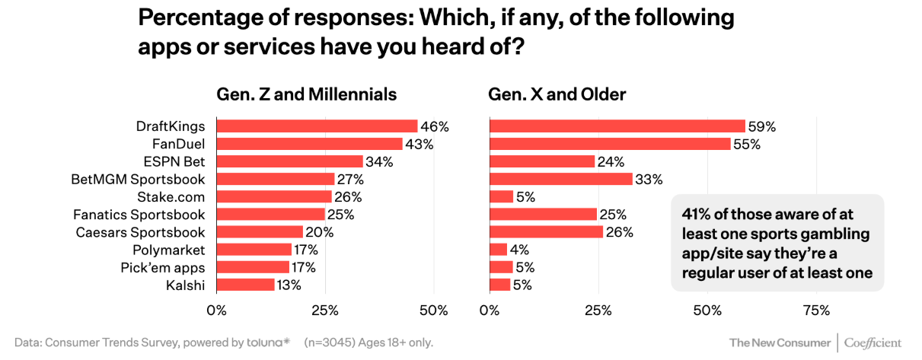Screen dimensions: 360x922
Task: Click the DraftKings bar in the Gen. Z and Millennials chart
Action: click(317, 126)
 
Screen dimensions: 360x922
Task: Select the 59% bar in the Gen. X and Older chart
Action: click(617, 126)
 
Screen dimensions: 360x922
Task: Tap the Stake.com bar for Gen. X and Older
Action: click(501, 196)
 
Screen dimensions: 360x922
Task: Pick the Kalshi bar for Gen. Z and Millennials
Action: click(245, 285)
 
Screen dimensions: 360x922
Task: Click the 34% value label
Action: click(379, 161)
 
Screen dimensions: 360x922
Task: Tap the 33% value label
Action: click(649, 180)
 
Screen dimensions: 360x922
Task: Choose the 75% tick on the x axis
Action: click(816, 311)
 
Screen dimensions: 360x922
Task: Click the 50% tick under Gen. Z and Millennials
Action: click(433, 311)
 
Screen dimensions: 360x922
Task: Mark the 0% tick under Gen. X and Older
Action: click(490, 311)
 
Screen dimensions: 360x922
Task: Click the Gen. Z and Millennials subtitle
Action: click(307, 94)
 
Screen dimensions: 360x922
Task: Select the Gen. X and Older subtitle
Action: click(557, 94)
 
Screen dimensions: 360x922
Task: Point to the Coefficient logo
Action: click(873, 342)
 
